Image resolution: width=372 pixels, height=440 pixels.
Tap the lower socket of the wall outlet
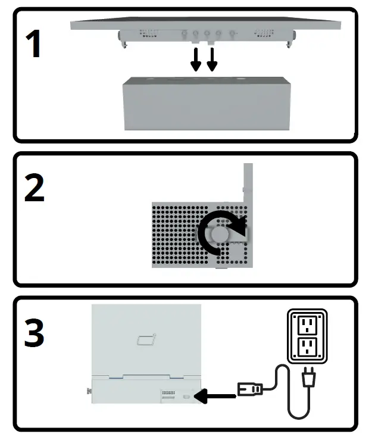[307, 347]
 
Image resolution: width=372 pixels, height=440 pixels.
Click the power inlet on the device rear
[187, 395]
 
